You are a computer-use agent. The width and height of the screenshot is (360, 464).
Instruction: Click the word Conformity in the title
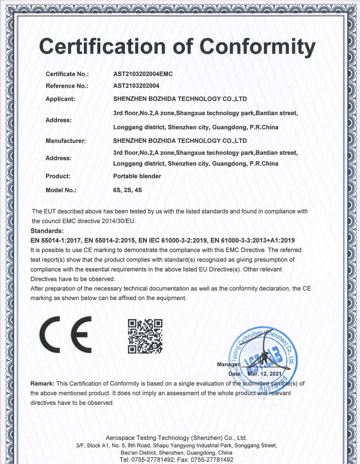258,46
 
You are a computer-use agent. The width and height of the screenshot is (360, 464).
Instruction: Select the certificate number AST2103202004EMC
143,74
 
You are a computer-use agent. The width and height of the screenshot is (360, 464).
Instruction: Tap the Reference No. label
67,86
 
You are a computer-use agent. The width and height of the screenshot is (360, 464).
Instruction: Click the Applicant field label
61,98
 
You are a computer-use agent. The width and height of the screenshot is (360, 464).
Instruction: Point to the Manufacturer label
66,141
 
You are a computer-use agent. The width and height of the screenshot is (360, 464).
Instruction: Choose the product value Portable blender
137,176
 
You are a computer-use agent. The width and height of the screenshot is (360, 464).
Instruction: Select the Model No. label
61,190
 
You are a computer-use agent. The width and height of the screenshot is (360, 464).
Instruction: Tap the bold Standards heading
47,231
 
